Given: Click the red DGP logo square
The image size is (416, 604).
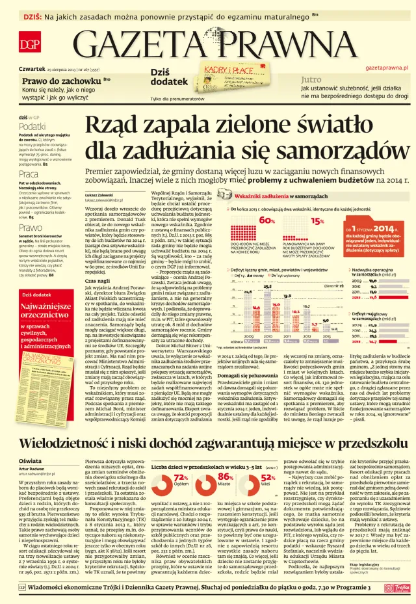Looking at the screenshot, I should click(x=29, y=44).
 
